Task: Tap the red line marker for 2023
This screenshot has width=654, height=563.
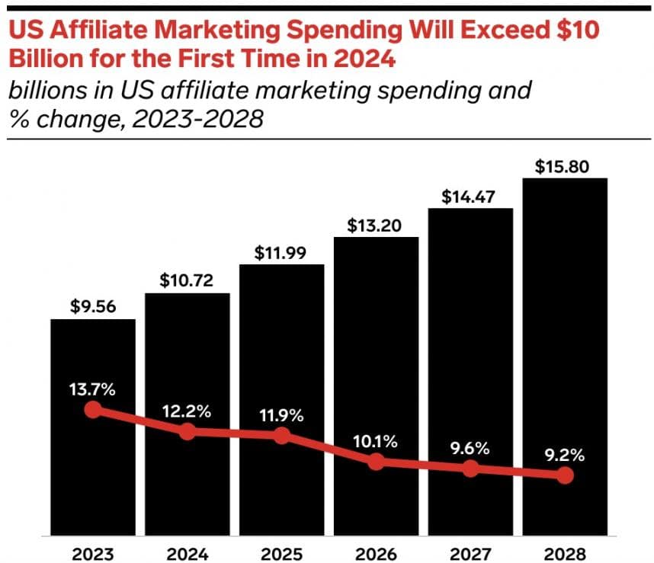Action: point(93,410)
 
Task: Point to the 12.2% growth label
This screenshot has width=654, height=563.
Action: point(188,411)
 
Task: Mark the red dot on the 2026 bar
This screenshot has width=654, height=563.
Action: point(376,462)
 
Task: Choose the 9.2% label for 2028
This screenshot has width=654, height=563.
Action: point(565,456)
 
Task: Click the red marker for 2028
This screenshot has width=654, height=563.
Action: point(565,475)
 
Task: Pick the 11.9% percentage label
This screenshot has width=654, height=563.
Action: point(281,416)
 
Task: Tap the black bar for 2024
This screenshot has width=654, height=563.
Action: point(188,411)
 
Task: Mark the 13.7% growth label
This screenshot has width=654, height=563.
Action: point(93,390)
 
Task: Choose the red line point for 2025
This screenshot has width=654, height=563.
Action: point(281,436)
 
